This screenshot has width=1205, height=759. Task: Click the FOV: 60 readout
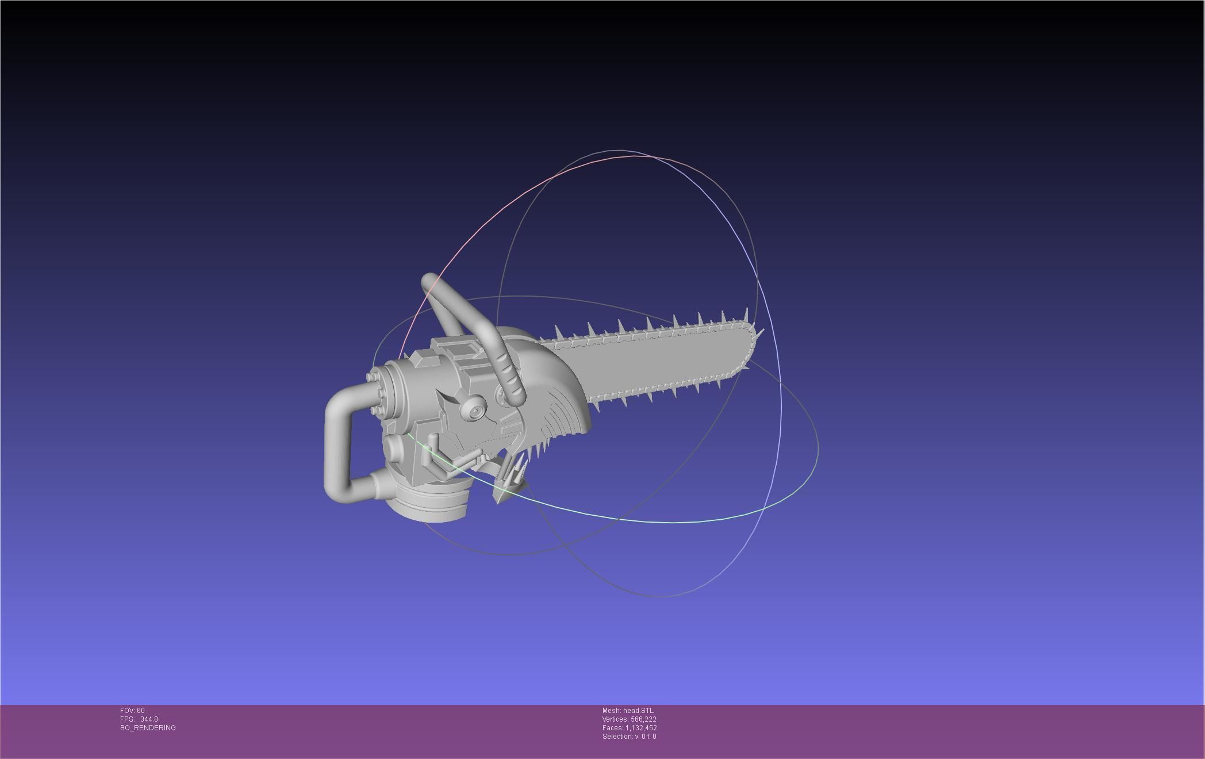[x=132, y=711]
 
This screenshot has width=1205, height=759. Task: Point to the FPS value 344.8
[x=149, y=719]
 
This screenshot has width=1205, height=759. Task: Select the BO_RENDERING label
[x=148, y=728]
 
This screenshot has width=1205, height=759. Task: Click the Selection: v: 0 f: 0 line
[x=629, y=737]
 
